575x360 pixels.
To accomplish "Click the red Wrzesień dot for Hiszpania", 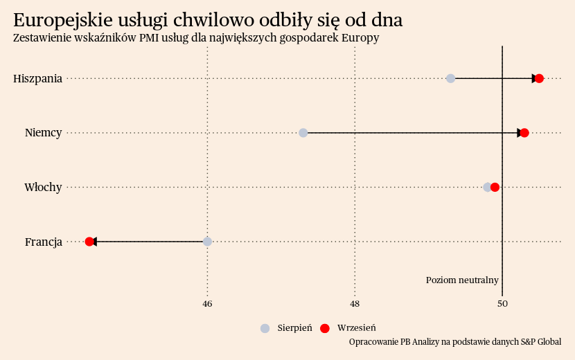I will pyautogui.click(x=539, y=78).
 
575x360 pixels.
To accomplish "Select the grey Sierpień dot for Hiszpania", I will pyautogui.click(x=450, y=78).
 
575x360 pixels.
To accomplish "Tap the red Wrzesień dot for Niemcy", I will pyautogui.click(x=524, y=133).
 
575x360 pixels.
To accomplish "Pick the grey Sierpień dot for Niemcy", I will pyautogui.click(x=303, y=133).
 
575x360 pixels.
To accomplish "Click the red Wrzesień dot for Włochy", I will pyautogui.click(x=495, y=187).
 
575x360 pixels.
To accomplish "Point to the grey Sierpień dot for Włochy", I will pyautogui.click(x=487, y=187).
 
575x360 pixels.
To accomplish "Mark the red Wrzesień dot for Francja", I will pyautogui.click(x=89, y=242).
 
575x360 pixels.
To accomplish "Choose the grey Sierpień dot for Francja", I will pyautogui.click(x=207, y=242).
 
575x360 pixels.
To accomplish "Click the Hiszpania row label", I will pyautogui.click(x=37, y=78).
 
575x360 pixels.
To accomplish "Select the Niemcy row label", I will pyautogui.click(x=43, y=133).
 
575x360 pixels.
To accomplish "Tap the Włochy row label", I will pyautogui.click(x=43, y=187).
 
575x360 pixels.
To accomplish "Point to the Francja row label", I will pyautogui.click(x=43, y=242).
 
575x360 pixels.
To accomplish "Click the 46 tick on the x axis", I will pyautogui.click(x=207, y=304).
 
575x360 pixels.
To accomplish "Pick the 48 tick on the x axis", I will pyautogui.click(x=355, y=304).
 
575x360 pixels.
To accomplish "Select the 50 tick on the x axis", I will pyautogui.click(x=502, y=304).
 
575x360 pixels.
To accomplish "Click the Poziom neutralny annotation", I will pyautogui.click(x=462, y=280).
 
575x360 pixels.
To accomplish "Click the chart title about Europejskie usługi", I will pyautogui.click(x=208, y=20).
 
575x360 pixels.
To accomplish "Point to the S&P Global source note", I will pyautogui.click(x=455, y=342).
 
